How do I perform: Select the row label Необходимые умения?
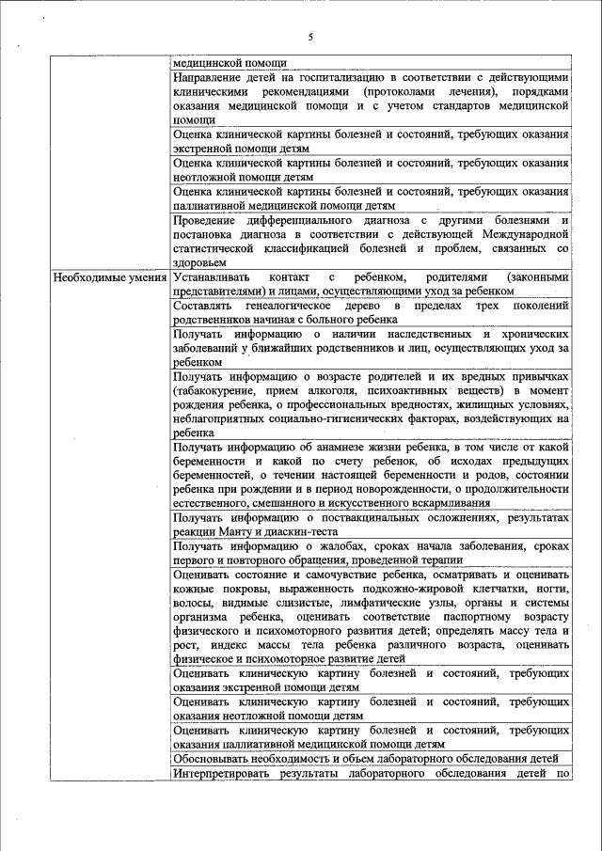[x=110, y=278]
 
